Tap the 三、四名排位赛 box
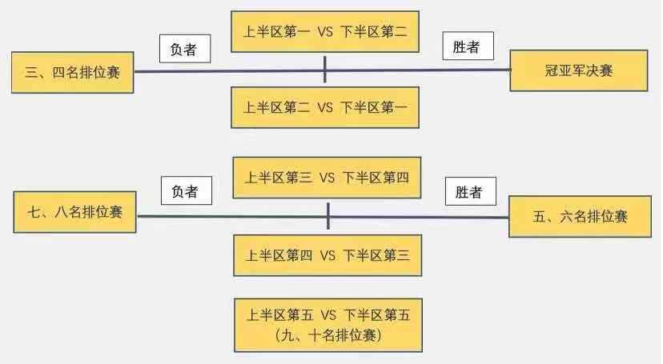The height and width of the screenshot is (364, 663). tap(72, 72)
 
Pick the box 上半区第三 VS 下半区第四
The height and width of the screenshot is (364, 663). tap(327, 177)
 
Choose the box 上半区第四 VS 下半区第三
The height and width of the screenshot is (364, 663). tap(327, 255)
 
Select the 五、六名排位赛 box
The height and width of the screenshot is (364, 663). tap(579, 216)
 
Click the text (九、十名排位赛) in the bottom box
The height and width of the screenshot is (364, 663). tap(327, 335)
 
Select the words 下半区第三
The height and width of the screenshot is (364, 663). tap(376, 255)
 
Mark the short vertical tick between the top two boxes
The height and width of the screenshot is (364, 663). tap(325, 70)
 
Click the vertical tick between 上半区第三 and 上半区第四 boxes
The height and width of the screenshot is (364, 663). tap(328, 216)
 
